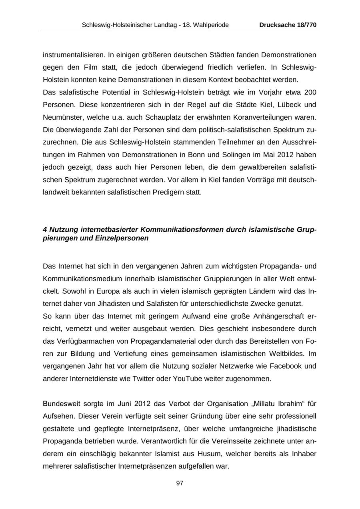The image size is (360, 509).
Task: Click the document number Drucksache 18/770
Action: coord(288,25)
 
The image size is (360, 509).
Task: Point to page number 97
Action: coord(180,483)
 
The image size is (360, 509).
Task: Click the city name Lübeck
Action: coord(287,105)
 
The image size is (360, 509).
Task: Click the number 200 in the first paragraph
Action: coord(310,92)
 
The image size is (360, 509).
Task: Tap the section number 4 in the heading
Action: coord(45,230)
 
